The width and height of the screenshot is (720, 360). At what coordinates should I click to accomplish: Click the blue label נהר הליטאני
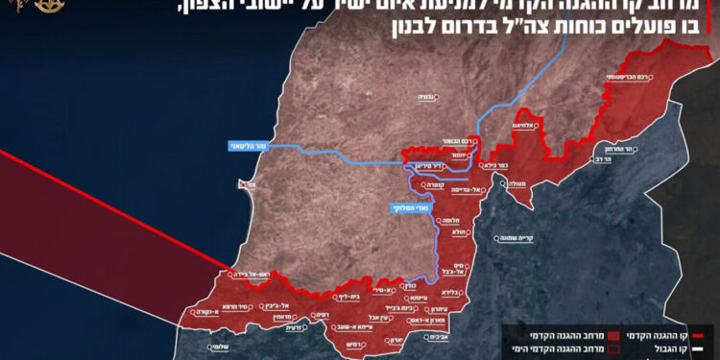[x=252, y=146]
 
